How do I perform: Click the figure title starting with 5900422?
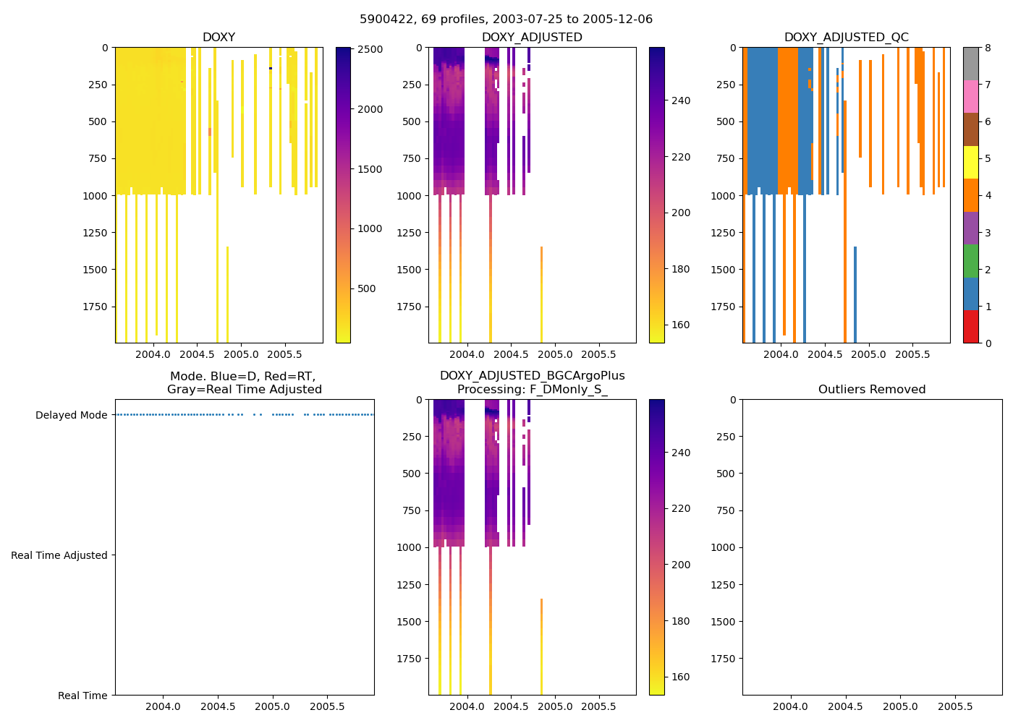506,20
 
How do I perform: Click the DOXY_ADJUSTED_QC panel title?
846,38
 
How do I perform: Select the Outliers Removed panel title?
871,390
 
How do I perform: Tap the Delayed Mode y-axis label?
71,415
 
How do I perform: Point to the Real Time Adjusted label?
59,555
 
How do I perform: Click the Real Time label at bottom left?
82,696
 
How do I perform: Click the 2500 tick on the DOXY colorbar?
370,49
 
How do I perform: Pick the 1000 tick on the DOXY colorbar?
370,228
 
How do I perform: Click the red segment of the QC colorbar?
970,327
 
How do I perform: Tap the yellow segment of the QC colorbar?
970,163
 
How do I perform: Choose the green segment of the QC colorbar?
970,261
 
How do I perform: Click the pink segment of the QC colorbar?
970,97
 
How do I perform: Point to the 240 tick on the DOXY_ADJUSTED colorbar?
680,100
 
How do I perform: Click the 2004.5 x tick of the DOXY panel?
197,354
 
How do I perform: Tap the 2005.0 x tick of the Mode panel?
272,706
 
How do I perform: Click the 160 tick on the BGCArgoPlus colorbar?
680,677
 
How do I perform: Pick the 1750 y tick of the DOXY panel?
94,307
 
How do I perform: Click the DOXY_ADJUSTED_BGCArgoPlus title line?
532,376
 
